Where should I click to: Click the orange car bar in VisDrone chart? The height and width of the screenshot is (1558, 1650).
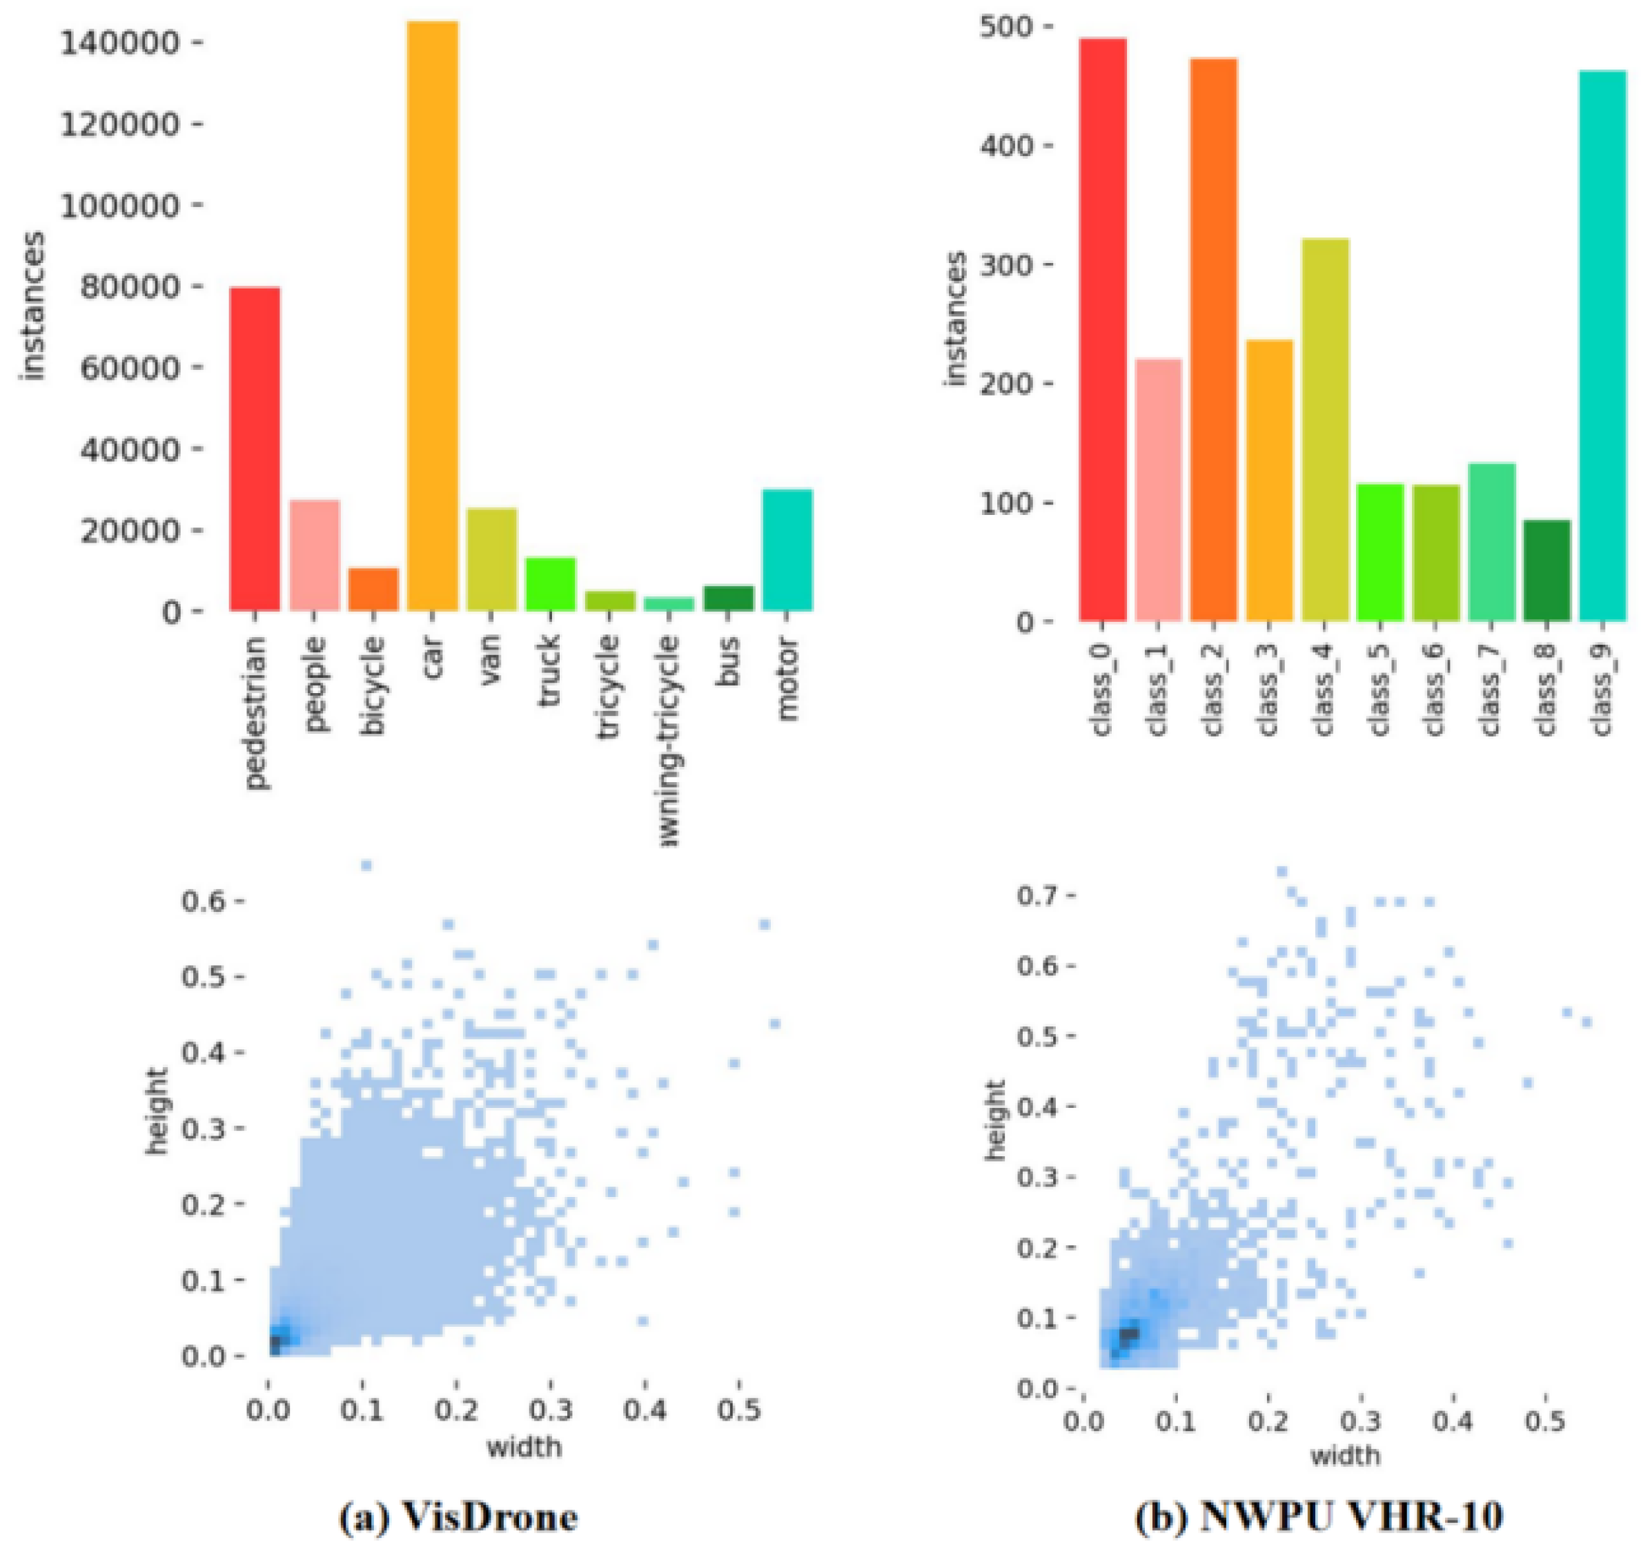point(433,315)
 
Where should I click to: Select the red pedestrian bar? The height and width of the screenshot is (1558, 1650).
point(255,449)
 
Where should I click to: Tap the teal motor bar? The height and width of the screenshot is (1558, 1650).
point(787,549)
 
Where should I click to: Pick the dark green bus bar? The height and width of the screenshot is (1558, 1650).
point(728,598)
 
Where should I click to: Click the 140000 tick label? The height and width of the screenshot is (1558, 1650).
point(119,43)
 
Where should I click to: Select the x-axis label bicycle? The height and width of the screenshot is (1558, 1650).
point(373,685)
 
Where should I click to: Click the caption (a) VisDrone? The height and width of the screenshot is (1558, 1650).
point(458,1517)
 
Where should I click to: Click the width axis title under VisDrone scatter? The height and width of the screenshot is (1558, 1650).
point(524,1447)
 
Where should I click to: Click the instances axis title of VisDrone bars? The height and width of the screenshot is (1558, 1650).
point(32,307)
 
